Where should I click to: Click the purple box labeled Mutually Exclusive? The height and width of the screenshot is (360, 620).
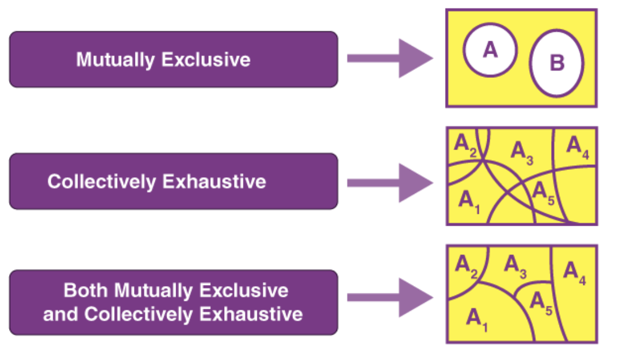coord(173,59)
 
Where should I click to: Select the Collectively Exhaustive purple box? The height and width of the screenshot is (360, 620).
coord(173,181)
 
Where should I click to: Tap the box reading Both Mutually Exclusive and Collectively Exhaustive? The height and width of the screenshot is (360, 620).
coord(173,302)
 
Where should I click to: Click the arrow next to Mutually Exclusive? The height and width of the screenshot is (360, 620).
coord(390,59)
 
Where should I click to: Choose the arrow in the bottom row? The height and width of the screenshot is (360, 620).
coord(390,297)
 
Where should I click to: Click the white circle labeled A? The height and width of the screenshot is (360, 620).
coord(491,50)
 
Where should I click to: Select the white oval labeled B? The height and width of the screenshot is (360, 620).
coord(557,63)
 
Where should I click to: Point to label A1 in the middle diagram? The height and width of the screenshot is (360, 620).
coord(469,201)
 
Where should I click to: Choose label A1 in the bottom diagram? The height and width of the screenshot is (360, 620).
coord(477,318)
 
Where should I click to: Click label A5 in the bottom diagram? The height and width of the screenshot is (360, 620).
coord(541,301)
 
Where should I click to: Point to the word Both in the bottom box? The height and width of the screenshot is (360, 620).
coord(86,291)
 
